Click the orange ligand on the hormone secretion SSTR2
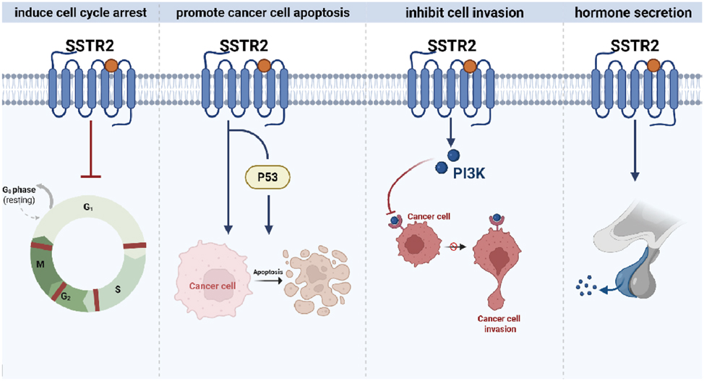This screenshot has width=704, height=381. pos(653,67)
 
